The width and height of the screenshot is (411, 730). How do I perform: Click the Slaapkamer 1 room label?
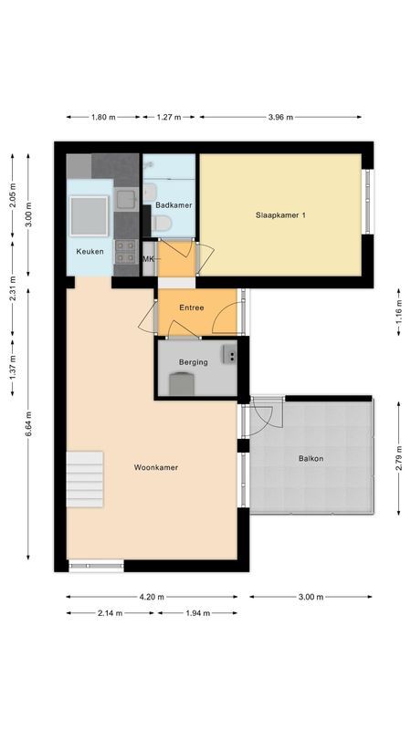[280, 215]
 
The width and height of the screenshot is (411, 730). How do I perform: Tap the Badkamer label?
[173, 205]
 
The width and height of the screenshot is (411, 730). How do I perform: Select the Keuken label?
[90, 251]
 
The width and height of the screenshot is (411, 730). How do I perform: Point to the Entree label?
[192, 308]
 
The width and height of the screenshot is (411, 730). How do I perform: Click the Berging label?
[193, 362]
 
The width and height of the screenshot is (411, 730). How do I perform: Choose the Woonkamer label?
[155, 467]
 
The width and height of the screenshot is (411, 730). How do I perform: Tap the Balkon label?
[311, 459]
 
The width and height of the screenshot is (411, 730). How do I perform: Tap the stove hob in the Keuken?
[125, 252]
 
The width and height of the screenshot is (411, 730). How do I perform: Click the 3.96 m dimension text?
[280, 117]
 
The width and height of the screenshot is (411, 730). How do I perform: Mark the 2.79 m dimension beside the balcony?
[398, 456]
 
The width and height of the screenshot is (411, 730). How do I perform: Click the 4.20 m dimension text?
[152, 597]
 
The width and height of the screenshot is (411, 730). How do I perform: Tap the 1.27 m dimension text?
[169, 117]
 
